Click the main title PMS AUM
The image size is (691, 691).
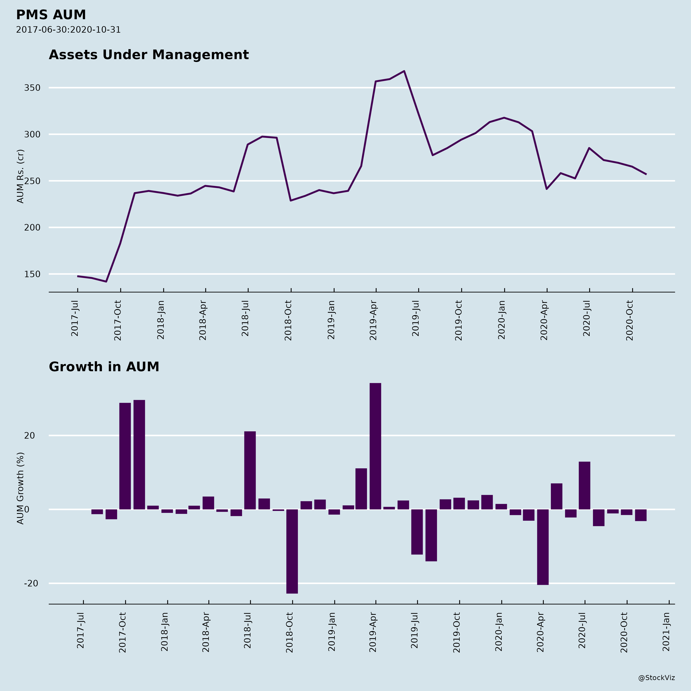pos(51,15)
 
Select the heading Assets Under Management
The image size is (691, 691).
pos(148,55)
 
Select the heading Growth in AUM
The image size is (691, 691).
pos(104,367)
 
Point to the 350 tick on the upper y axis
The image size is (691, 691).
pos(32,88)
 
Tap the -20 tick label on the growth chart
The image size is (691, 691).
pos(31,583)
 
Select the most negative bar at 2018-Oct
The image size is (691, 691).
pos(292,551)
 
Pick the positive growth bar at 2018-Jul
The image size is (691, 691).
pos(250,470)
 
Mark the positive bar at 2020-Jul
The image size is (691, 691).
pos(584,485)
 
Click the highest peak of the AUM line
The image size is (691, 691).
pos(404,71)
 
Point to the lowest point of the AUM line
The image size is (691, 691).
pos(106,281)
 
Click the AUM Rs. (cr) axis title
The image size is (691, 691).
pos(20,176)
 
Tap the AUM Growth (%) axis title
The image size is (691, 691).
pos(20,488)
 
